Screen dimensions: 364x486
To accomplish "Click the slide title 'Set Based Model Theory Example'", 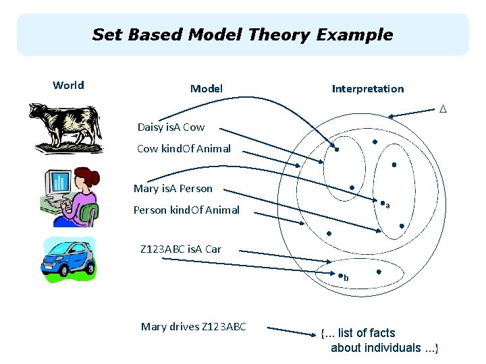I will pos(242,34).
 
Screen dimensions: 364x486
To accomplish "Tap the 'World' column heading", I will pos(68,85).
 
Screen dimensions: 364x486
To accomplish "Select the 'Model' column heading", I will pos(207,88).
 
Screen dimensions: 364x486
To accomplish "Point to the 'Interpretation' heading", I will pos(368,88).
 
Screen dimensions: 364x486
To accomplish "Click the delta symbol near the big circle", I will pos(443,109).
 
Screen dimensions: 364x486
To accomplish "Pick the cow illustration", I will pos(66,128).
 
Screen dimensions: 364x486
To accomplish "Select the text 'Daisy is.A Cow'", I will pos(171,127).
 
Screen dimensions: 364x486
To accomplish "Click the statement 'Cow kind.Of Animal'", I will pos(184,148).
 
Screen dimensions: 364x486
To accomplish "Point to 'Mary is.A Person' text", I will pos(173,189).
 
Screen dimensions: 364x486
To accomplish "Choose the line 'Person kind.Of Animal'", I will pos(186,210).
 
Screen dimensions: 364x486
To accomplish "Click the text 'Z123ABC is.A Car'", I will pos(181,249).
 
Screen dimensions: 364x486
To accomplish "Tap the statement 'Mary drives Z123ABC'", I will pos(194,327).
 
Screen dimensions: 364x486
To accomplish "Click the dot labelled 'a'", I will pos(382,204).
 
